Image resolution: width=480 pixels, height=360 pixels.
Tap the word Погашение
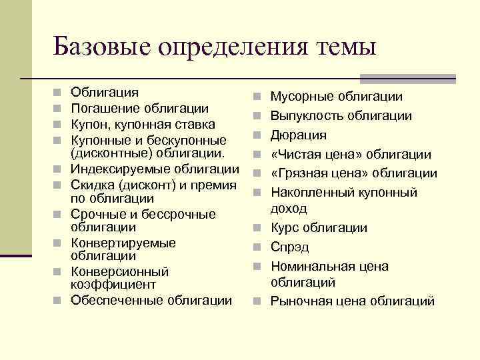point(104,109)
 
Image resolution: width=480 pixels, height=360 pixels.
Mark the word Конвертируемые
point(123,243)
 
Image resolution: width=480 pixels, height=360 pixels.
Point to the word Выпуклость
point(306,116)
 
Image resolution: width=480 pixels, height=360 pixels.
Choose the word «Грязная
point(296,173)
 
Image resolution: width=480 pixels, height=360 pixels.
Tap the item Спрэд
point(289,247)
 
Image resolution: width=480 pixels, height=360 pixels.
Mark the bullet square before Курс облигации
point(257,229)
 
